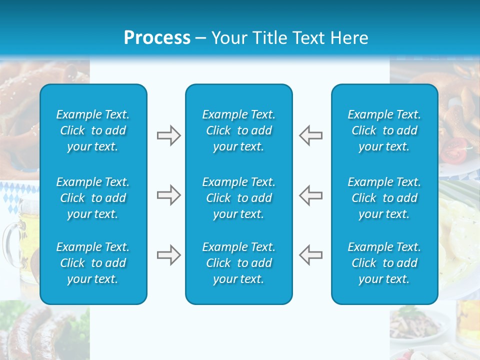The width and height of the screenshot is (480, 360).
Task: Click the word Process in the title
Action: click(157, 38)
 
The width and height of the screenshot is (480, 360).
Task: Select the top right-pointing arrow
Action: click(168, 135)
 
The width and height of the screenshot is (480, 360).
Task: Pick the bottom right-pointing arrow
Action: click(168, 255)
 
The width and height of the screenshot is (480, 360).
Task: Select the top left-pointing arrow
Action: click(310, 135)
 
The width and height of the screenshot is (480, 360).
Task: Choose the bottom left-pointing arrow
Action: click(310, 255)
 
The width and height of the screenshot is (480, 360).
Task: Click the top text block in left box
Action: click(93, 130)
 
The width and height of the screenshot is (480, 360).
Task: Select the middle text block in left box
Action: click(93, 198)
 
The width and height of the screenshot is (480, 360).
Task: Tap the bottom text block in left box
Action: click(93, 263)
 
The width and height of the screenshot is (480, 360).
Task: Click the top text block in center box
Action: click(239, 130)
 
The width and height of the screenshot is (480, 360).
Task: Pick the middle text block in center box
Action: click(239, 198)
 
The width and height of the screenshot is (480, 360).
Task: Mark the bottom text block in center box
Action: click(239, 263)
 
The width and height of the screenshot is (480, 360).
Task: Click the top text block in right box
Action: click(384, 130)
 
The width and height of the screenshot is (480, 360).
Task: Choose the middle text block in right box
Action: click(384, 198)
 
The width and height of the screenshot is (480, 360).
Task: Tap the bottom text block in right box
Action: click(384, 263)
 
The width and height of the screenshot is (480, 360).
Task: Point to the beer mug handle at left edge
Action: click(8, 240)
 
